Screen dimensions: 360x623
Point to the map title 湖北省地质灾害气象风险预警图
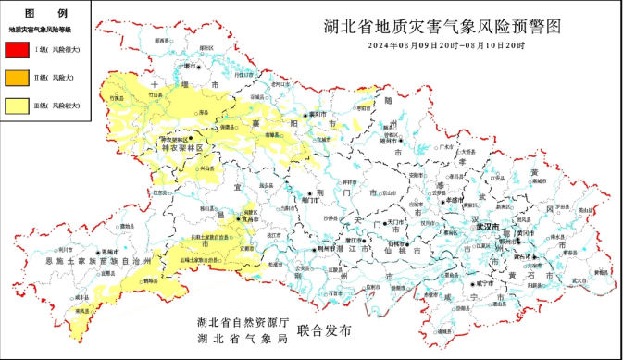[443, 27]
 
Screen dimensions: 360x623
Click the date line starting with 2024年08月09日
[445, 44]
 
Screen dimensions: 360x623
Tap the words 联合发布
[324, 330]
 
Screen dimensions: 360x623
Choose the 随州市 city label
[388, 142]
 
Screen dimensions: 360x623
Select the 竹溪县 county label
[117, 96]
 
